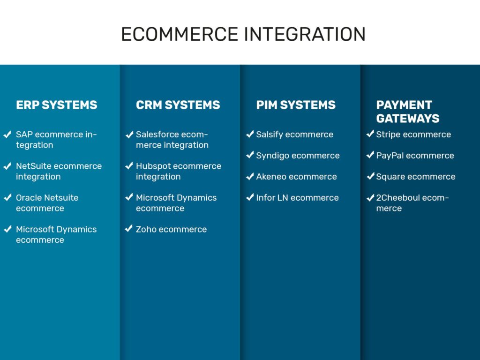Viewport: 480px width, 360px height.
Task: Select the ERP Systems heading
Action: pos(57,105)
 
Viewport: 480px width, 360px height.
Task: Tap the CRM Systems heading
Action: pos(178,105)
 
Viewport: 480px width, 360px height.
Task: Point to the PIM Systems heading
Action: pos(296,105)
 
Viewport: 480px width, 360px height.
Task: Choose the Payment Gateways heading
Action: pos(407,112)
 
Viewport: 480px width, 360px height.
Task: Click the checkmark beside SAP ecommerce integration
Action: pos(7,135)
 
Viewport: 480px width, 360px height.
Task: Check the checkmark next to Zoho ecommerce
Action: pos(129,229)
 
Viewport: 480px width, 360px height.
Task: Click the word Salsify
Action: pos(270,135)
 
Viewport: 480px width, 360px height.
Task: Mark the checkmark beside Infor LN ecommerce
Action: pos(250,198)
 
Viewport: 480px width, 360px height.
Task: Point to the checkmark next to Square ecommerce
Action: pos(370,177)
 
